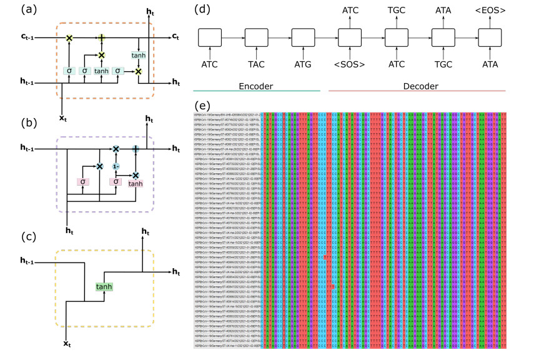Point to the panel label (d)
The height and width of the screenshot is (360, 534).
click(204, 10)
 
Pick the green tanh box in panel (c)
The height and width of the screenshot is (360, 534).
click(104, 286)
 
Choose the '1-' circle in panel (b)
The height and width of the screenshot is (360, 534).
click(116, 167)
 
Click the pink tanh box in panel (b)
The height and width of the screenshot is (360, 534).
click(135, 184)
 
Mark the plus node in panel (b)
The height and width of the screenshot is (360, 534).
click(136, 149)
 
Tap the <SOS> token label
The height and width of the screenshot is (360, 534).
click(350, 64)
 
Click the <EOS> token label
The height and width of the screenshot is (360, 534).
click(490, 10)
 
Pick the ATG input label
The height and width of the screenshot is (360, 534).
click(304, 64)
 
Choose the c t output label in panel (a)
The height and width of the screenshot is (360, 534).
click(176, 38)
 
